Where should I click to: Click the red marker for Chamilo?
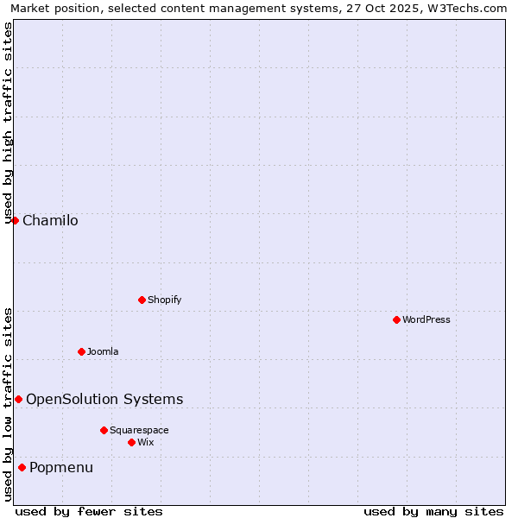point(15,220)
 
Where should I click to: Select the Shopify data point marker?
point(142,300)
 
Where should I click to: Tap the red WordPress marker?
point(396,319)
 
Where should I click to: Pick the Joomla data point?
point(81,351)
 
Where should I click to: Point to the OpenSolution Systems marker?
point(18,399)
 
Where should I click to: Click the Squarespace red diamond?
point(104,430)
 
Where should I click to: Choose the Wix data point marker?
point(131,442)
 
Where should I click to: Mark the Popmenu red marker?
point(22,467)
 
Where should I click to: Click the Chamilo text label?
point(50,221)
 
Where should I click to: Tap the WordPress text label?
point(426,320)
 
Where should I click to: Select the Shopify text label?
point(164,300)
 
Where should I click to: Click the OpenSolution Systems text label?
point(104,400)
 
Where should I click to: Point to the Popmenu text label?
point(61,468)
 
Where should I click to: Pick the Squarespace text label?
point(139,431)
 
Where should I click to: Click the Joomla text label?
point(103,352)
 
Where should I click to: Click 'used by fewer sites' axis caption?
point(89,511)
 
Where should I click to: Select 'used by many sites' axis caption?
point(433,511)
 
